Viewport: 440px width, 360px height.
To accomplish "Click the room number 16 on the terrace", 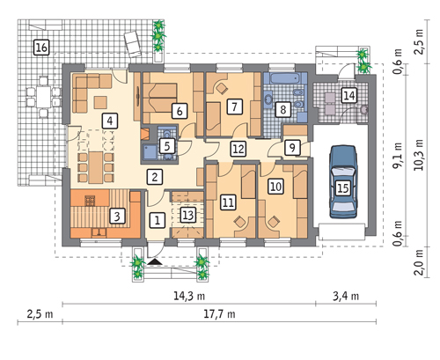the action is click(x=41, y=48).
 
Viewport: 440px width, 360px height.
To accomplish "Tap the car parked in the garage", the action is click(x=343, y=181).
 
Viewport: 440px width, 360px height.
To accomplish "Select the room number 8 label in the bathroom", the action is click(x=282, y=109).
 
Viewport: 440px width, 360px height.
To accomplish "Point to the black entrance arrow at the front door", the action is click(x=155, y=261).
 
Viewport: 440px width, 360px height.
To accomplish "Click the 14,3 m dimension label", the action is click(x=189, y=296).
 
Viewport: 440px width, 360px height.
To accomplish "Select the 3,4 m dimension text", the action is click(x=346, y=296).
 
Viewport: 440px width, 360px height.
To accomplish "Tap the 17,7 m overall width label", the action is click(x=219, y=314).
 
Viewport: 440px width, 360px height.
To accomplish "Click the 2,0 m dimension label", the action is click(x=419, y=262).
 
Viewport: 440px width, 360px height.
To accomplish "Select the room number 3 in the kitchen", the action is click(x=117, y=217).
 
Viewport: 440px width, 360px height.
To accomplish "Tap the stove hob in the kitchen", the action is click(x=90, y=201).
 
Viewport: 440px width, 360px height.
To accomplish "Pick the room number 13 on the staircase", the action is click(x=187, y=215).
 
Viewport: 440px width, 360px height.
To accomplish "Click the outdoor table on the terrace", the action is click(x=43, y=97).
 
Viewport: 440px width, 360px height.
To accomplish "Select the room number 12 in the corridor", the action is click(x=238, y=149).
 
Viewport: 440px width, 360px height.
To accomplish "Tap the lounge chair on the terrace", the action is click(x=133, y=43).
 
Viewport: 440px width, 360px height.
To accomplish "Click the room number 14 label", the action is click(x=349, y=95).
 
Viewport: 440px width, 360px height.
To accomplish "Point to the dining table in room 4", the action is click(x=96, y=167).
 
